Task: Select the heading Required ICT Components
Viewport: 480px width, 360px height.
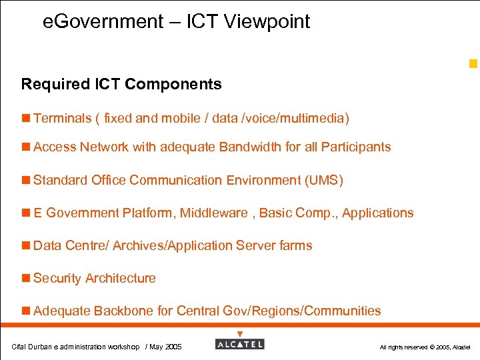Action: point(121,84)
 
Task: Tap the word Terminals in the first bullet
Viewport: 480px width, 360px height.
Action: point(62,119)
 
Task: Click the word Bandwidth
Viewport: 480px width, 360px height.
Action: point(250,147)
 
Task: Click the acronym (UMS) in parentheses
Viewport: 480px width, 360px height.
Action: point(323,180)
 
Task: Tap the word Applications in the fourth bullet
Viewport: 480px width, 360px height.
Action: point(377,213)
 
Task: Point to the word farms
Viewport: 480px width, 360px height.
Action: point(296,246)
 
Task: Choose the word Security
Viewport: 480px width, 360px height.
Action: point(57,279)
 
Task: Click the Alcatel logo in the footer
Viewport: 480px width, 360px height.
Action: point(240,343)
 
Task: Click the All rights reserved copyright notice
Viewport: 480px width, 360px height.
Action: point(425,347)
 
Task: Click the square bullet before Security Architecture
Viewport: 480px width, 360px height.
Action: point(26,279)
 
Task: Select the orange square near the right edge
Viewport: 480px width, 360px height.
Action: point(473,64)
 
